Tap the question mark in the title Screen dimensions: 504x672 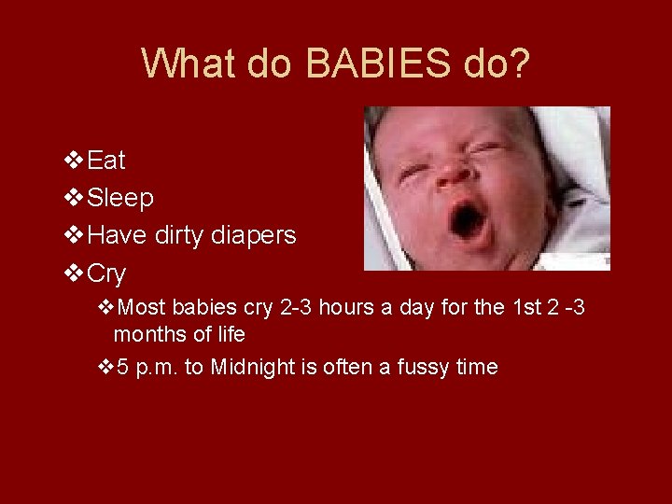coord(519,63)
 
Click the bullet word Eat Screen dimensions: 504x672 coord(105,161)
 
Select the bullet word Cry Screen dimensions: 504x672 coord(105,274)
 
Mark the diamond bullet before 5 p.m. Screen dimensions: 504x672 coord(105,367)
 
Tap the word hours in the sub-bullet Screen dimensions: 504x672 coord(346,307)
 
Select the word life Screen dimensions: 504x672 coord(229,334)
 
